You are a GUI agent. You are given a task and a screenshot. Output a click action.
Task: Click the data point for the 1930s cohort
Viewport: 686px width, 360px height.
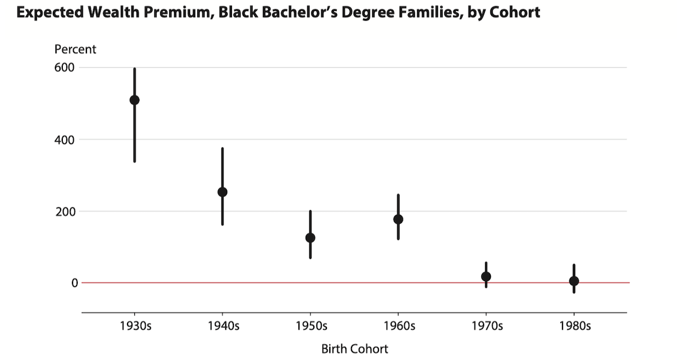tap(134, 100)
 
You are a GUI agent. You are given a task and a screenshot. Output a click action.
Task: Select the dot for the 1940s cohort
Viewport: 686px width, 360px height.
tap(222, 192)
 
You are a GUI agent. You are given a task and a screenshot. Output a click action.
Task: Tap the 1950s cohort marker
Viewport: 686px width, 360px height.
tap(310, 238)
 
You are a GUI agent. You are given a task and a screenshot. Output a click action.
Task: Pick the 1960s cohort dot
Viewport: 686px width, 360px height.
tap(398, 219)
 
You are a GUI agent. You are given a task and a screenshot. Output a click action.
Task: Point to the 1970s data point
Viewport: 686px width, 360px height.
tap(486, 277)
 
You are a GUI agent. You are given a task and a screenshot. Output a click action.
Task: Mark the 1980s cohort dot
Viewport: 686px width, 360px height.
tap(574, 281)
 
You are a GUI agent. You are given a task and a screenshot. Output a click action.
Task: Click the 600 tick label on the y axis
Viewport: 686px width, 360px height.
tap(65, 67)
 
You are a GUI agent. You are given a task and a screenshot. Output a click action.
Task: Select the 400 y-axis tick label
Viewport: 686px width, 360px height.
tap(65, 139)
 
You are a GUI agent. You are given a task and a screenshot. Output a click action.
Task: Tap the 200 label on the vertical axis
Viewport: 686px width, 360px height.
tap(65, 211)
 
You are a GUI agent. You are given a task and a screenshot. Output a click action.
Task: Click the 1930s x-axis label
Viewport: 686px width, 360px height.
tap(134, 326)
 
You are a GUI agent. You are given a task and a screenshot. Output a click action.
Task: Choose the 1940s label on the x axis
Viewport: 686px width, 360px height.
tap(222, 326)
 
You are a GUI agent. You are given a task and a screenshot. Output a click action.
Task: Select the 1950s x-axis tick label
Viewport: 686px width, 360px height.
tap(310, 326)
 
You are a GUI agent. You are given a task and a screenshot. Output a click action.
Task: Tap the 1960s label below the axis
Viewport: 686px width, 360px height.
tap(398, 326)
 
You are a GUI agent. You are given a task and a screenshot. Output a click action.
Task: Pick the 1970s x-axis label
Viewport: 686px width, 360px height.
tap(486, 326)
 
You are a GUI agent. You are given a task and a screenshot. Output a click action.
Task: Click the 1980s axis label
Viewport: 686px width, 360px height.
tap(574, 326)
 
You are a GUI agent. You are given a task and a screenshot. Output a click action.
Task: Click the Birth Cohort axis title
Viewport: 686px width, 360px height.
tap(354, 349)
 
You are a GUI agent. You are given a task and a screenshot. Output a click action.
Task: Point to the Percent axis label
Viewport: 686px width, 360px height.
tap(75, 49)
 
